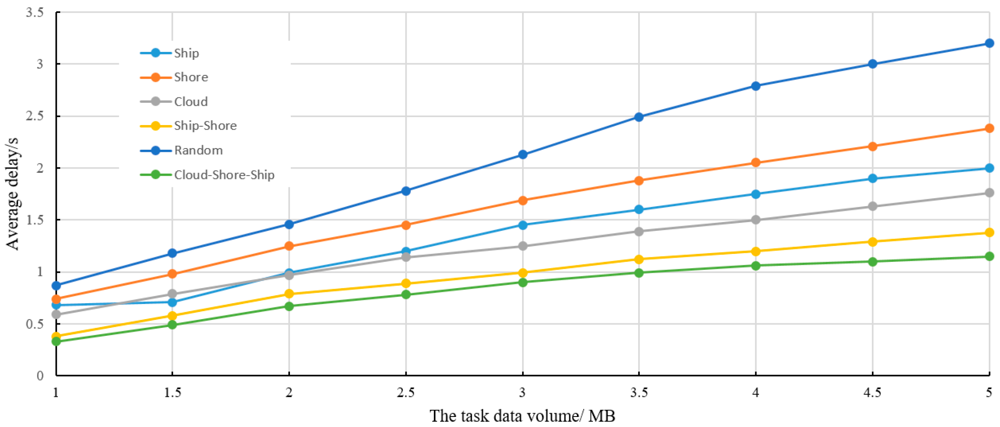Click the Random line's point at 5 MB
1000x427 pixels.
(989, 43)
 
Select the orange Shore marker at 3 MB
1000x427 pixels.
(523, 200)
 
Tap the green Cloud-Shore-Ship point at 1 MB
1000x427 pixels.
(56, 341)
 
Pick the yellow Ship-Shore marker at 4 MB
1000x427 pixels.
(756, 251)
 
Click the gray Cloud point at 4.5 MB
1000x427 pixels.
(872, 206)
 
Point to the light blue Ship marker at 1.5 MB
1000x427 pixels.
(172, 302)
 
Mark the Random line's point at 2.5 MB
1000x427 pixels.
(406, 191)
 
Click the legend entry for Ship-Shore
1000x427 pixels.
(205, 126)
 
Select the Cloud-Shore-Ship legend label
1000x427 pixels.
(224, 175)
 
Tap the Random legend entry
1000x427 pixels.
(198, 150)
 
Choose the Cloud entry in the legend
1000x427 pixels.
(191, 102)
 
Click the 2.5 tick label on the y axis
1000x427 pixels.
(35, 116)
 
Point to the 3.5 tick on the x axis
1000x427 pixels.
(639, 392)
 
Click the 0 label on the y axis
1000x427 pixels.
(40, 376)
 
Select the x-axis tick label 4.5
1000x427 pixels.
(872, 392)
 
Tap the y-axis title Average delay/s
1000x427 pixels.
(12, 194)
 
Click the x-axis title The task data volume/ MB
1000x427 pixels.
(522, 416)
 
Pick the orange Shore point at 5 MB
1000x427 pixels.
(989, 128)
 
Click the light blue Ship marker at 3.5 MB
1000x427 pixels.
(639, 209)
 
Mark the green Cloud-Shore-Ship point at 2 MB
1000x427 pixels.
(289, 306)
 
